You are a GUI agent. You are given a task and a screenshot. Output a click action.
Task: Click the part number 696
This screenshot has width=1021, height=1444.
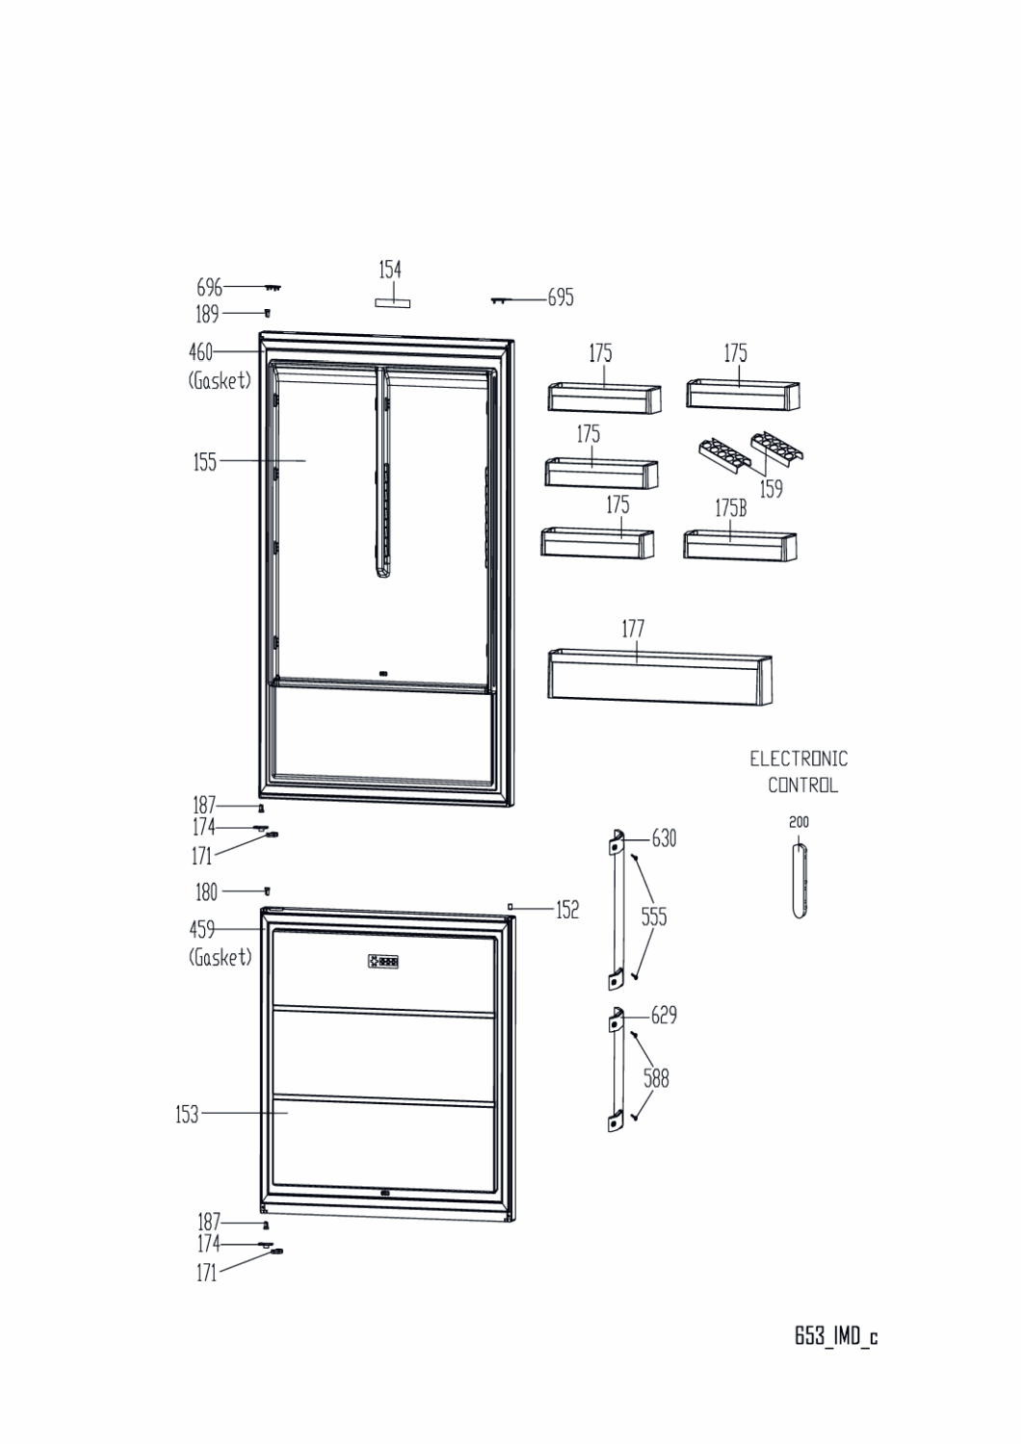[x=209, y=287]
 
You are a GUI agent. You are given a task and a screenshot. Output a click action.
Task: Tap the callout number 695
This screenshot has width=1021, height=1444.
[x=561, y=297]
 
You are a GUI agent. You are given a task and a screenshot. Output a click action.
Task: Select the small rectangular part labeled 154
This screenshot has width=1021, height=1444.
[x=393, y=303]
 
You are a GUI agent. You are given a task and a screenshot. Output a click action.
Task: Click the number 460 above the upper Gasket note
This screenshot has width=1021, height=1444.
[x=200, y=352]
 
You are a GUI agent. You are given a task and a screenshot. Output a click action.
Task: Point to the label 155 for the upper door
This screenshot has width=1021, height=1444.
[x=205, y=462]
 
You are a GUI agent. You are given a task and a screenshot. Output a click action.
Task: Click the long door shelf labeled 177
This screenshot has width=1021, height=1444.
[x=660, y=677]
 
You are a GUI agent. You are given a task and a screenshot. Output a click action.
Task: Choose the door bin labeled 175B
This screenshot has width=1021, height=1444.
[x=740, y=545]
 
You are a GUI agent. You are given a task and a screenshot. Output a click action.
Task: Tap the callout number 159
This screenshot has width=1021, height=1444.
[x=771, y=489]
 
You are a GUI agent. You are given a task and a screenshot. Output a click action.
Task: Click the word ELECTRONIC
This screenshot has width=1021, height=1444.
[x=798, y=759]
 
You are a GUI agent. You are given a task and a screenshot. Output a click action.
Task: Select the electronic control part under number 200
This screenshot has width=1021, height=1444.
[x=799, y=881]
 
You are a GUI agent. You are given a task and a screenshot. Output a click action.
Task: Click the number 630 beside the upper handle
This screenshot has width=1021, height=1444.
[x=664, y=838]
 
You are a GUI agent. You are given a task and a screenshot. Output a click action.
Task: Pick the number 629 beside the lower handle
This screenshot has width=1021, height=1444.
[x=664, y=1016]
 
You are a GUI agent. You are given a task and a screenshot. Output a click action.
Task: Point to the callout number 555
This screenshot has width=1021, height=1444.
[x=654, y=916]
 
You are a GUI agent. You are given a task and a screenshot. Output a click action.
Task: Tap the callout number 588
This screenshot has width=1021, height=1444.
[x=656, y=1078]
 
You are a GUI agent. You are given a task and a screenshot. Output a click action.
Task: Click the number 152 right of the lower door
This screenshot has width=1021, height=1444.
[x=567, y=910]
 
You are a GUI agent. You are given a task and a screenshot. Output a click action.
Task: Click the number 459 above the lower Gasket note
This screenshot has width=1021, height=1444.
[x=201, y=930]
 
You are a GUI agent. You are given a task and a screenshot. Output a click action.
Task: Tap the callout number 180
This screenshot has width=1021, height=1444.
[x=206, y=892]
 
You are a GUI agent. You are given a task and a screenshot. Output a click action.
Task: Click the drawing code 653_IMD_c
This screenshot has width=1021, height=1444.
[x=836, y=1336]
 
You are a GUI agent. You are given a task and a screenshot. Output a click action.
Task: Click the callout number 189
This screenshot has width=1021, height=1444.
[x=207, y=314]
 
